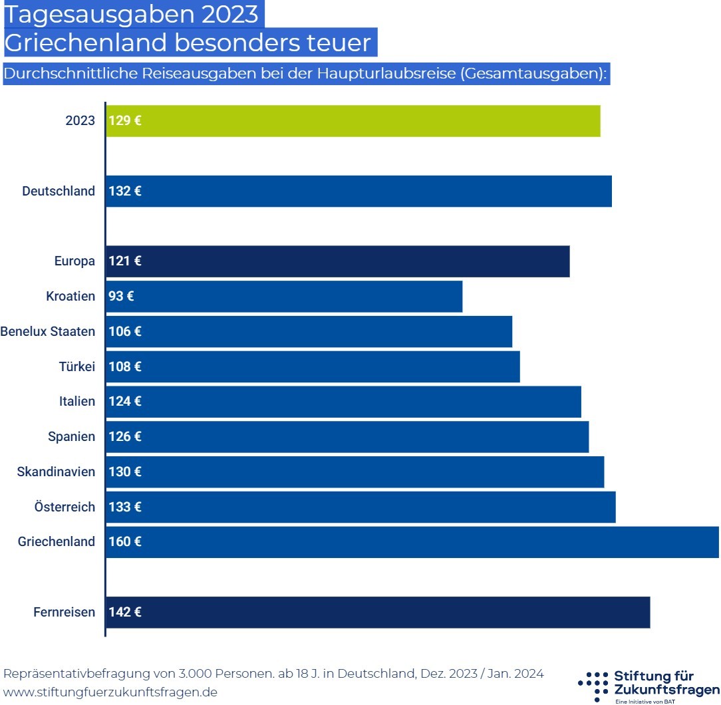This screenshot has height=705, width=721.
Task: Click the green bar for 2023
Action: click(353, 121)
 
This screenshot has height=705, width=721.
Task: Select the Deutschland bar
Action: click(359, 192)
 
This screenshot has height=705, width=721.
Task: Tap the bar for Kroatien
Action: click(284, 297)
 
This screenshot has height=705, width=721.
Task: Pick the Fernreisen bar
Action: click(378, 613)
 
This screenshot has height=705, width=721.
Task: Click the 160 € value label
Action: click(125, 542)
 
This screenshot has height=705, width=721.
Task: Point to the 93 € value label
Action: click(121, 297)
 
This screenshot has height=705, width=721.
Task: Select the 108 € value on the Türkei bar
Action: click(125, 366)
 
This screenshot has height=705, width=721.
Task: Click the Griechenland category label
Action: click(57, 542)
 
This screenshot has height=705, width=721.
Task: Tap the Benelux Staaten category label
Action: click(48, 331)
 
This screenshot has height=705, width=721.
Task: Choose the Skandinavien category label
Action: click(57, 472)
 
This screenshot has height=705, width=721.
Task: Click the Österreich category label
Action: click(65, 507)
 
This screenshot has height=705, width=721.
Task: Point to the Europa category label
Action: click(74, 261)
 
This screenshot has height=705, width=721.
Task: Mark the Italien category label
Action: click(77, 402)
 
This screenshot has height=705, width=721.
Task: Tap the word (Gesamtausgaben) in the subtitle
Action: click(532, 74)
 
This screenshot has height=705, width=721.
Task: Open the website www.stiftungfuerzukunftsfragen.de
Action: click(110, 692)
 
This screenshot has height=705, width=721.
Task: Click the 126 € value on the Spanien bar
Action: click(125, 437)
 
